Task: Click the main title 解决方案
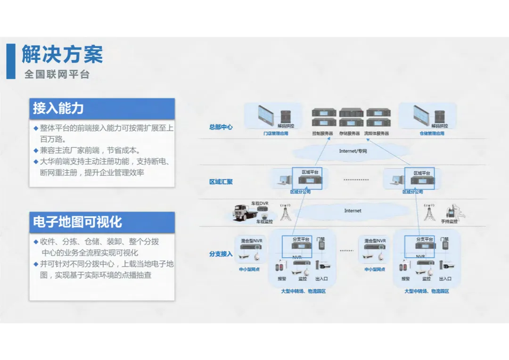point(62,55)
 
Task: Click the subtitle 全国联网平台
point(57,74)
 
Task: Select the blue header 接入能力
point(58,108)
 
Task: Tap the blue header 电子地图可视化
point(77,222)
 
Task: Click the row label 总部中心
point(221,127)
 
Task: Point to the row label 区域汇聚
point(221,182)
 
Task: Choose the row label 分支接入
point(221,254)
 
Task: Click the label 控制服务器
point(324,134)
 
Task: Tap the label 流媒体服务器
point(377,134)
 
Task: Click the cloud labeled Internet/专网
point(353,151)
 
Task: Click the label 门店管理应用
point(276,134)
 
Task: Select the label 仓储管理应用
point(432,134)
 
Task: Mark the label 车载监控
point(264,221)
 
